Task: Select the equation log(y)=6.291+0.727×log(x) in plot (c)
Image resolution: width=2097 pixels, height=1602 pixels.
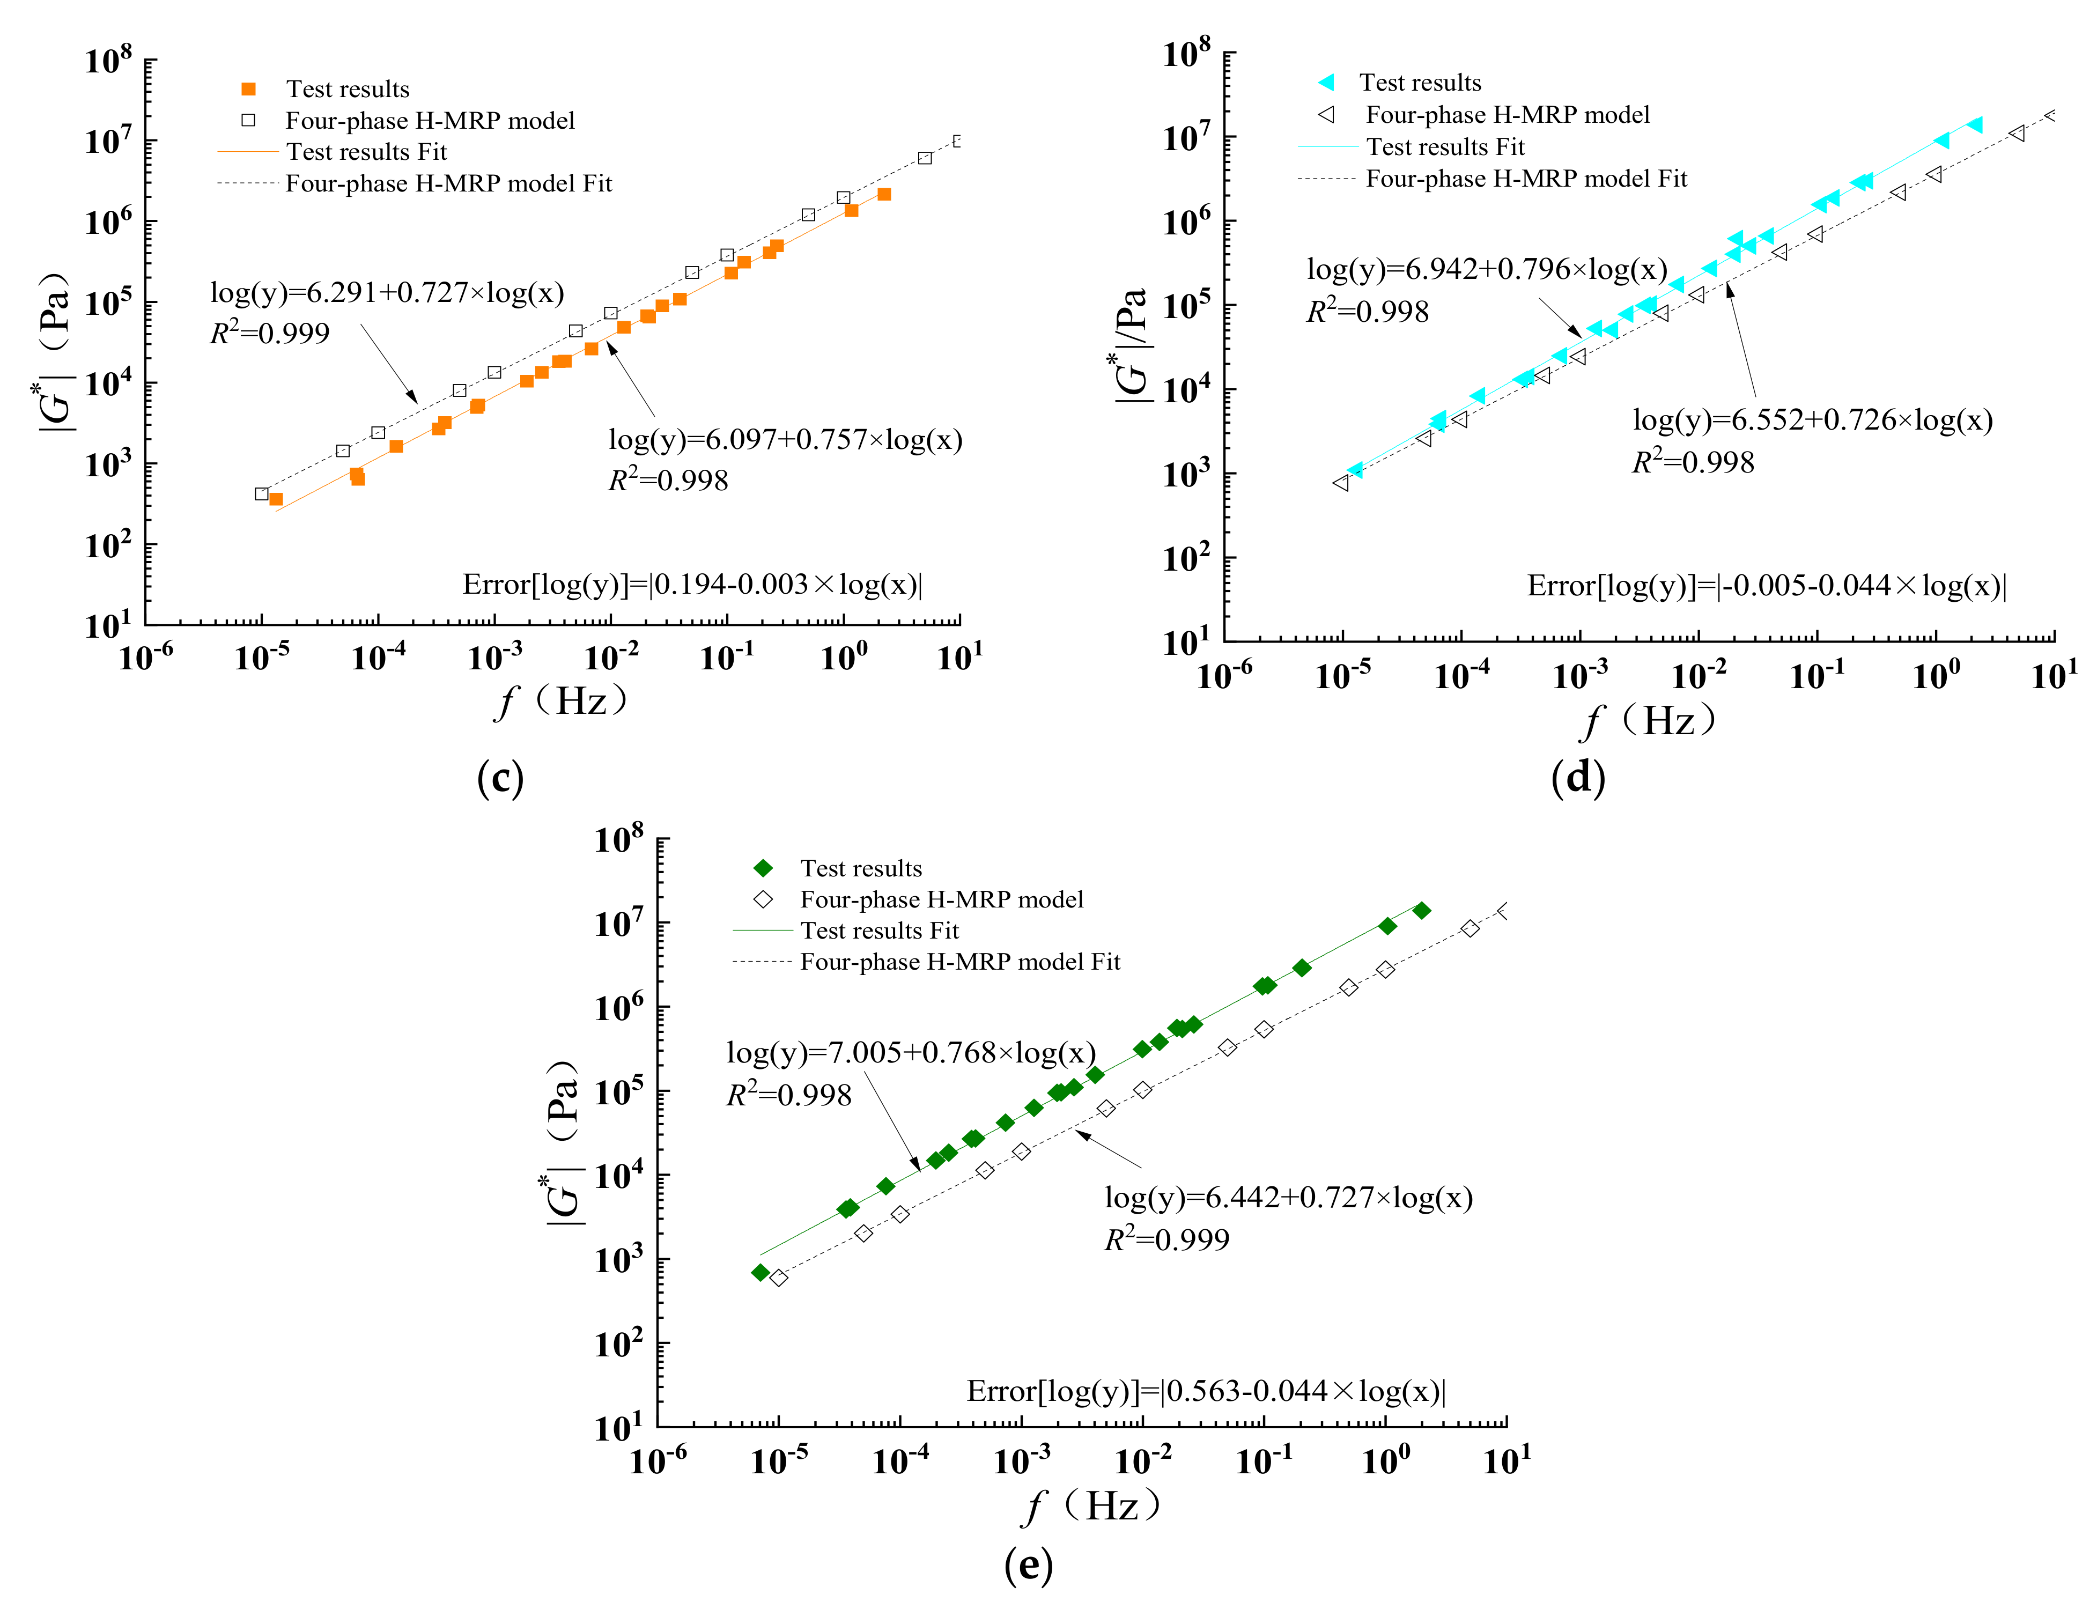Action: (x=387, y=293)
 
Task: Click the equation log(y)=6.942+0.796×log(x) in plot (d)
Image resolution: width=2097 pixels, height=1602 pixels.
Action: (x=1486, y=270)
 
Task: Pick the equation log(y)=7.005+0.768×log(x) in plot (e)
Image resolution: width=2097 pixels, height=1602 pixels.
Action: (x=911, y=1053)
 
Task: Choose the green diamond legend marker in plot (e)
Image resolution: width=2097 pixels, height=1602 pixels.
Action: (x=763, y=868)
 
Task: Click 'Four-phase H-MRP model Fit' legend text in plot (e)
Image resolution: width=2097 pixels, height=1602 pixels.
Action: (x=959, y=961)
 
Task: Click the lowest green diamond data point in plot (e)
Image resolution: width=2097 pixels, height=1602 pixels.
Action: (x=760, y=1272)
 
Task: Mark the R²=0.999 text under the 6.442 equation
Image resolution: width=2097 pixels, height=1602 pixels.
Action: (x=1166, y=1239)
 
